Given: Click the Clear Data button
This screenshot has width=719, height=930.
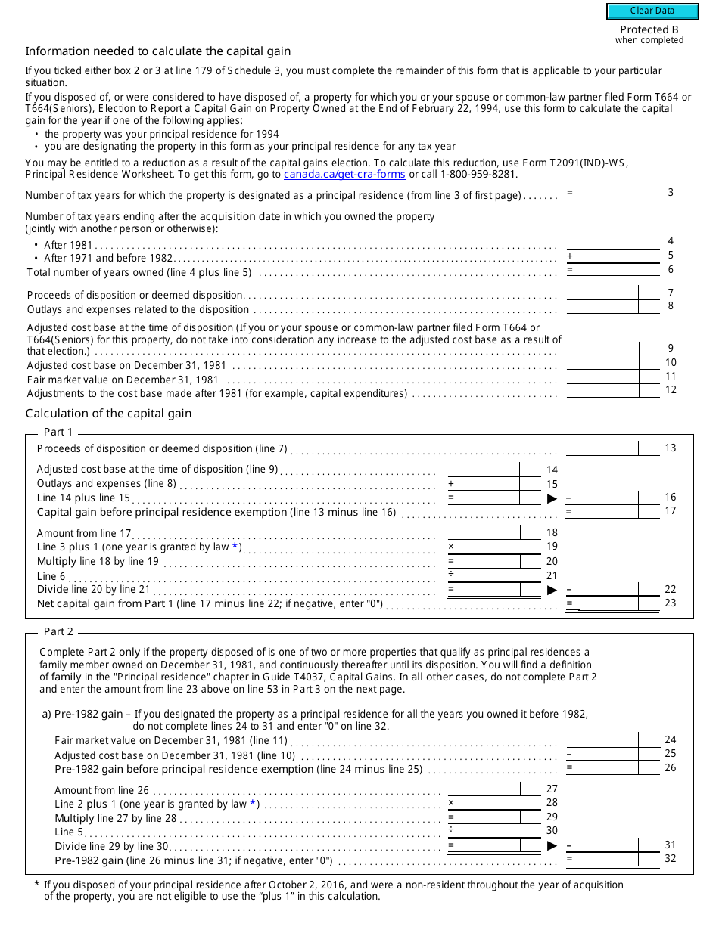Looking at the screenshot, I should tap(652, 11).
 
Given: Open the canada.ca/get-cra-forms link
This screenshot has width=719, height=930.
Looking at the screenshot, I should tap(344, 174).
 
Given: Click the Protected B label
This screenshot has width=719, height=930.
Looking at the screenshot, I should tap(649, 30).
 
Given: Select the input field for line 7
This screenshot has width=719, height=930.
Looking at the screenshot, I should tap(602, 293).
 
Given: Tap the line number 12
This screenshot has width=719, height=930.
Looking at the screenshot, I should tap(671, 390).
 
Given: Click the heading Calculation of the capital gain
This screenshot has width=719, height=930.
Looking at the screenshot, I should tap(108, 414).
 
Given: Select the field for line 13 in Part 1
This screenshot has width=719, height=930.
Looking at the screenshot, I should tap(602, 448).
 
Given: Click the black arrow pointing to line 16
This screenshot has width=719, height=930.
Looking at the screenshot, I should tap(552, 498).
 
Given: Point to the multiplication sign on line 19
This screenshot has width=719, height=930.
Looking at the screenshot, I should tap(451, 546).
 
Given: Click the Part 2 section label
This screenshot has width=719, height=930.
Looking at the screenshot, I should tap(58, 631).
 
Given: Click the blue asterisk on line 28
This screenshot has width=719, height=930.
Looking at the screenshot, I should tap(254, 803).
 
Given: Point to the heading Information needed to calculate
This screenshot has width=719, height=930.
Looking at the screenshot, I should tap(157, 51).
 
